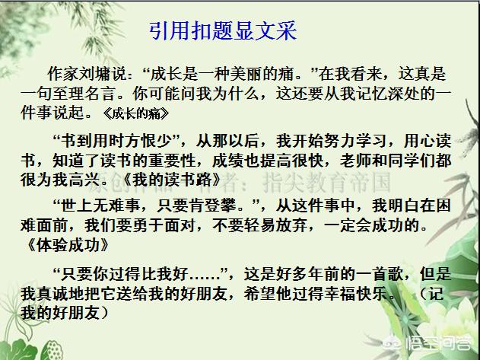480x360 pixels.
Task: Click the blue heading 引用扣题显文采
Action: (x=222, y=31)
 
